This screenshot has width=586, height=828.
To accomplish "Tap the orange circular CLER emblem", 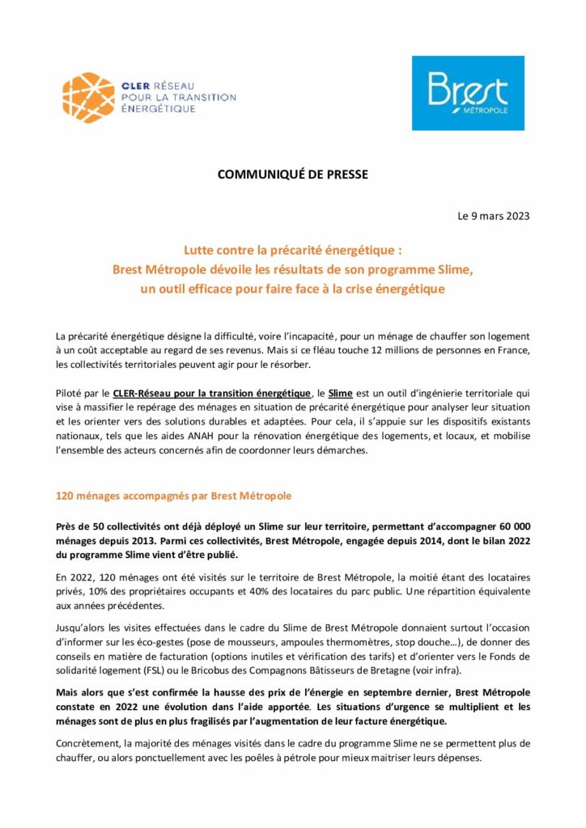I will [88, 97].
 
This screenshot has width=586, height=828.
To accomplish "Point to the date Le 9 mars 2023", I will [494, 216].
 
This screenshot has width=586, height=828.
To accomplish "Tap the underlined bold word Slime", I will [342, 393].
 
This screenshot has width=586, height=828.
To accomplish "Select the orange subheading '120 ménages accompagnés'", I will [173, 495].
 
